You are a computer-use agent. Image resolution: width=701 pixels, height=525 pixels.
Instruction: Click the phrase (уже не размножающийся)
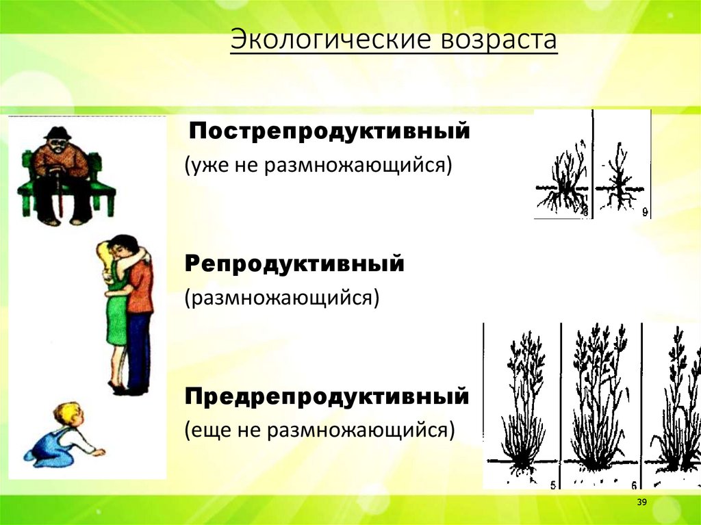(318, 166)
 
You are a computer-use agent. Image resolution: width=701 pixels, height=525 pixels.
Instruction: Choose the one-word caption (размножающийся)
(281, 298)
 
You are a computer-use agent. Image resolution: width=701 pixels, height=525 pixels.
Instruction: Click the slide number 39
(642, 503)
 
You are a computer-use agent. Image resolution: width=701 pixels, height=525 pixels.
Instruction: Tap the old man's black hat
(58, 133)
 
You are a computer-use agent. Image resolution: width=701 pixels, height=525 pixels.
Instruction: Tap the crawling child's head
(68, 413)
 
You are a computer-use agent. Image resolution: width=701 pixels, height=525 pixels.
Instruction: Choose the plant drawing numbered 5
(523, 404)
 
